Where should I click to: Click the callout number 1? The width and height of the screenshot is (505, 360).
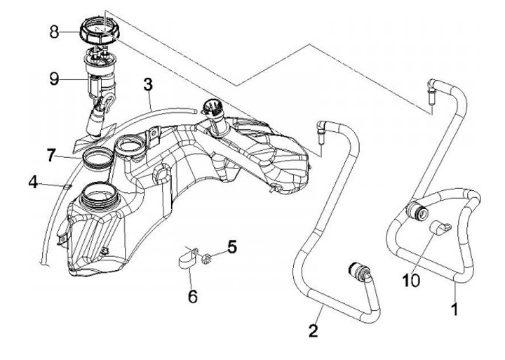[455, 307]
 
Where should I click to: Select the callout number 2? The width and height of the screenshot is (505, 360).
[314, 328]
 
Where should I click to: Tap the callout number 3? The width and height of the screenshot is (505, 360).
[147, 84]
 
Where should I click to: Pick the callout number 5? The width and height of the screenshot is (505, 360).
[232, 248]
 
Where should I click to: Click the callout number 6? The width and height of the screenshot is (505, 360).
[191, 295]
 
